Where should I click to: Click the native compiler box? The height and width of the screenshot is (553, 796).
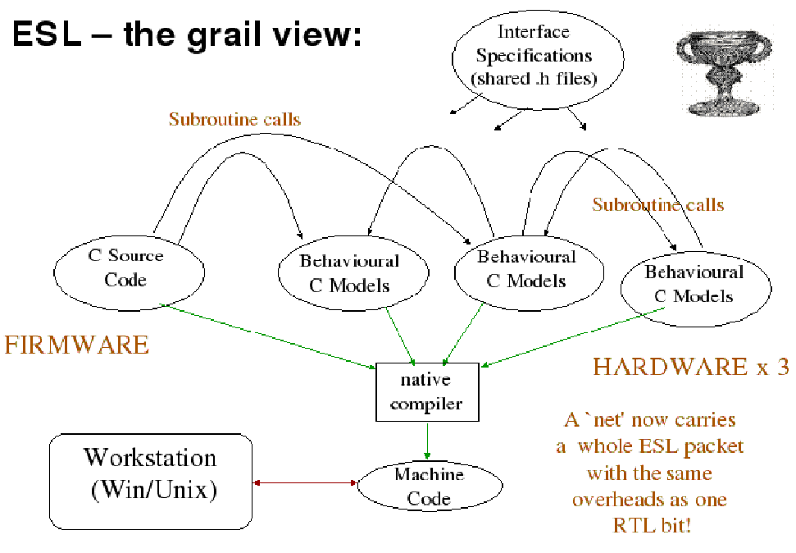pos(425,392)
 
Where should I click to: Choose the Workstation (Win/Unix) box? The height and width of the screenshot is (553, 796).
pos(151,481)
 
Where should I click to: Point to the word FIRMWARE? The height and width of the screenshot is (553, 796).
pos(77,345)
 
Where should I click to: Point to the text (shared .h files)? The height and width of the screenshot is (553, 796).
pos(534,79)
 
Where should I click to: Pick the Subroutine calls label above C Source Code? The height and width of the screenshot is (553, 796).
pos(234,120)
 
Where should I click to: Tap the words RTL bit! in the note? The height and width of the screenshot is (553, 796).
pos(652,525)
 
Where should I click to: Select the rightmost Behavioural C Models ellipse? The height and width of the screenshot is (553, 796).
pos(694,284)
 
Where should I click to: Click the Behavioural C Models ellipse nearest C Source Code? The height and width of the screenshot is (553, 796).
pos(349,274)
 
